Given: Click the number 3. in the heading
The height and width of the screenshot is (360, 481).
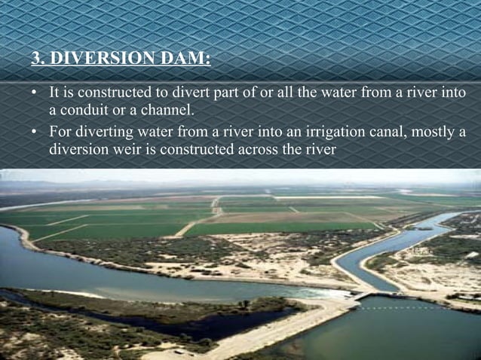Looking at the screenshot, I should (38, 57).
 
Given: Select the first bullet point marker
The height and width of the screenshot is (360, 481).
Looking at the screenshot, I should (35, 94).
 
